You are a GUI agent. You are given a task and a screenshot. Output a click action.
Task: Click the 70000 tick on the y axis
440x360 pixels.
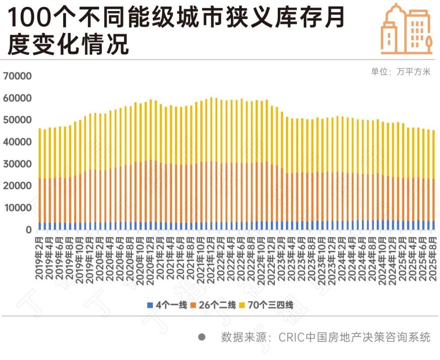[17, 76]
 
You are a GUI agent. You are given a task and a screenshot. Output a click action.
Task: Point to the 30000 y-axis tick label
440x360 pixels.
[17, 164]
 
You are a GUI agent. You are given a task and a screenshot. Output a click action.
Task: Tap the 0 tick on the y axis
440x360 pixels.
[28, 230]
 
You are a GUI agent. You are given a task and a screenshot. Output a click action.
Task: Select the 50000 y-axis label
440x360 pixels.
[17, 120]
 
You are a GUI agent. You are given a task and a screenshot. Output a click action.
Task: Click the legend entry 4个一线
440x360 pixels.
[167, 305]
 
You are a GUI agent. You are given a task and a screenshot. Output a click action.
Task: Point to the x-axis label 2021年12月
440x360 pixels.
[211, 258]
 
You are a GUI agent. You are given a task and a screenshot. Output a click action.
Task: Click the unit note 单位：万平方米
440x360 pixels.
[401, 72]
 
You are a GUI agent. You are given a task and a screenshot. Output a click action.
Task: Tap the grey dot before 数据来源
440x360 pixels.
[202, 338]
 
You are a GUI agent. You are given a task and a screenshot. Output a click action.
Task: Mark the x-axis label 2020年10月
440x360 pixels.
[140, 258]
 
